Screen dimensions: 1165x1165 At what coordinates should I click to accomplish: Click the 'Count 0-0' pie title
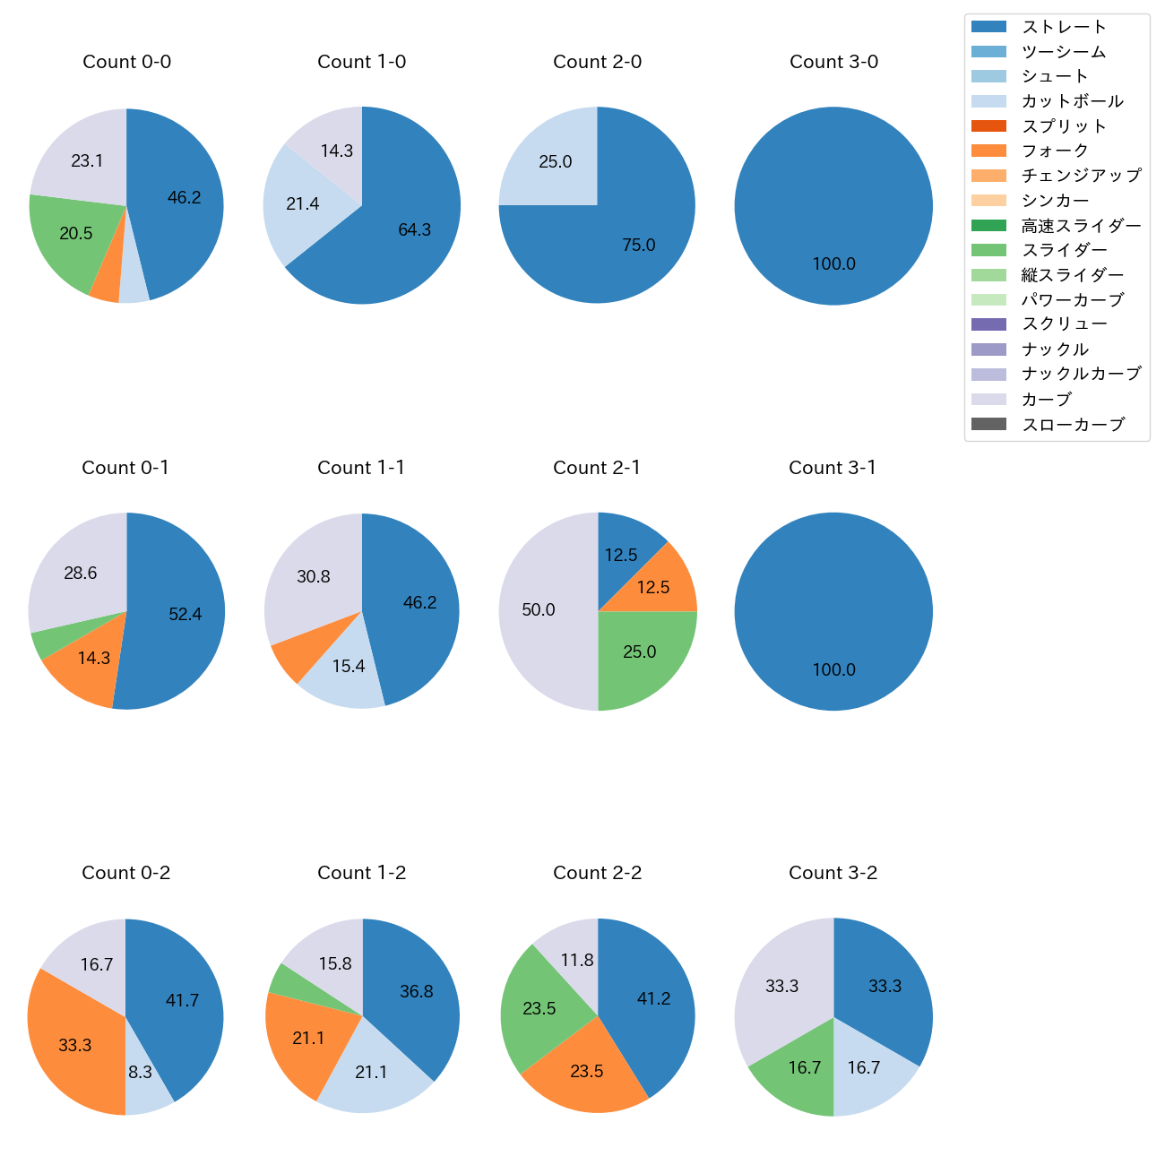coord(126,62)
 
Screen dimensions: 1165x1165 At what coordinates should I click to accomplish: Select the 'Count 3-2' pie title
coord(833,873)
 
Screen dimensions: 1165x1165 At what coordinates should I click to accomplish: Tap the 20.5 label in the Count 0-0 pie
coord(76,233)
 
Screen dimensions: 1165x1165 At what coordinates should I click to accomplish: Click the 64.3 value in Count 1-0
coord(415,230)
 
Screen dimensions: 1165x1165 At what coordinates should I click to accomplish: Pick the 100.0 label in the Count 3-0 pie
coord(833,264)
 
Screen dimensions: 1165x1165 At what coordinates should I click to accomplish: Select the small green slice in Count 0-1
coord(38,643)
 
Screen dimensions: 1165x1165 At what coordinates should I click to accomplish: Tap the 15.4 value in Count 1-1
coord(349,667)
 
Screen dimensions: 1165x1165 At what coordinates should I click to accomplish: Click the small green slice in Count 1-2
coord(282,979)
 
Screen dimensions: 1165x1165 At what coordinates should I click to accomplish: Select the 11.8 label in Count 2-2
coord(577,960)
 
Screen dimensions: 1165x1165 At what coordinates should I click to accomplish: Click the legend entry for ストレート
coord(1064,27)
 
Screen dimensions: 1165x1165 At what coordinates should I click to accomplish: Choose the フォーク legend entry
coord(1055,151)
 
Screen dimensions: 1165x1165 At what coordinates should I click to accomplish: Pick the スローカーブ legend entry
coord(1073,425)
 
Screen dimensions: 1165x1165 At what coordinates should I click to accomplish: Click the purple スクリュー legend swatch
coord(988,324)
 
